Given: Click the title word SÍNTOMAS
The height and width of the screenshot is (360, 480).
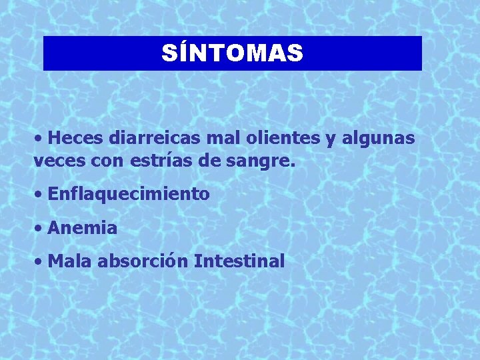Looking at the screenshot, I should pyautogui.click(x=232, y=53).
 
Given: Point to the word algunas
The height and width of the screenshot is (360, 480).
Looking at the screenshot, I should pyautogui.click(x=379, y=139).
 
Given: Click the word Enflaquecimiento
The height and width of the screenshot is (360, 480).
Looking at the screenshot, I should pyautogui.click(x=129, y=194).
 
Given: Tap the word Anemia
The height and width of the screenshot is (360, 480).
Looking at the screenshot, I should pyautogui.click(x=83, y=228).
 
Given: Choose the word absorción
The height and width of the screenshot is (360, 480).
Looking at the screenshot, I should pyautogui.click(x=142, y=261).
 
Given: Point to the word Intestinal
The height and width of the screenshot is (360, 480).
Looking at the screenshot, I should pyautogui.click(x=239, y=261).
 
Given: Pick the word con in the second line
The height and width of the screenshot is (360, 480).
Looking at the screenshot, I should pyautogui.click(x=104, y=161).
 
